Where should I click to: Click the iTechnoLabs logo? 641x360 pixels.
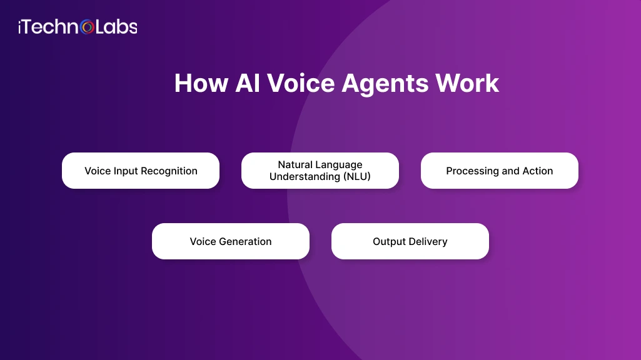coord(78,27)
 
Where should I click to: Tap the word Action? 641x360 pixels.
coord(537,171)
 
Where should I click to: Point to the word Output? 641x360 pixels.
coord(389,241)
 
